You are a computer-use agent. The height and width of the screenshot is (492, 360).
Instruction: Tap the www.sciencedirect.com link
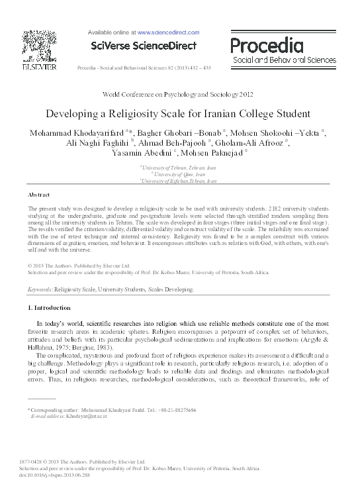tap(168, 32)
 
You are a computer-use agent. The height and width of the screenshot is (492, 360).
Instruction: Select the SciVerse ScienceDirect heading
tap(144, 46)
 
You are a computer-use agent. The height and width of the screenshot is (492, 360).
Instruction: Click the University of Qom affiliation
tap(179, 174)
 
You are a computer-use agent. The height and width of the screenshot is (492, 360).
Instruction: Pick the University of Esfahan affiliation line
tap(181, 180)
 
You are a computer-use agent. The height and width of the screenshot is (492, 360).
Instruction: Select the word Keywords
tap(39, 290)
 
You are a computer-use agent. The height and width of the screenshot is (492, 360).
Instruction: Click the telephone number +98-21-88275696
tap(173, 411)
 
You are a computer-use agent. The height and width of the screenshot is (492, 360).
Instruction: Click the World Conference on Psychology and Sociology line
tap(180, 95)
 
